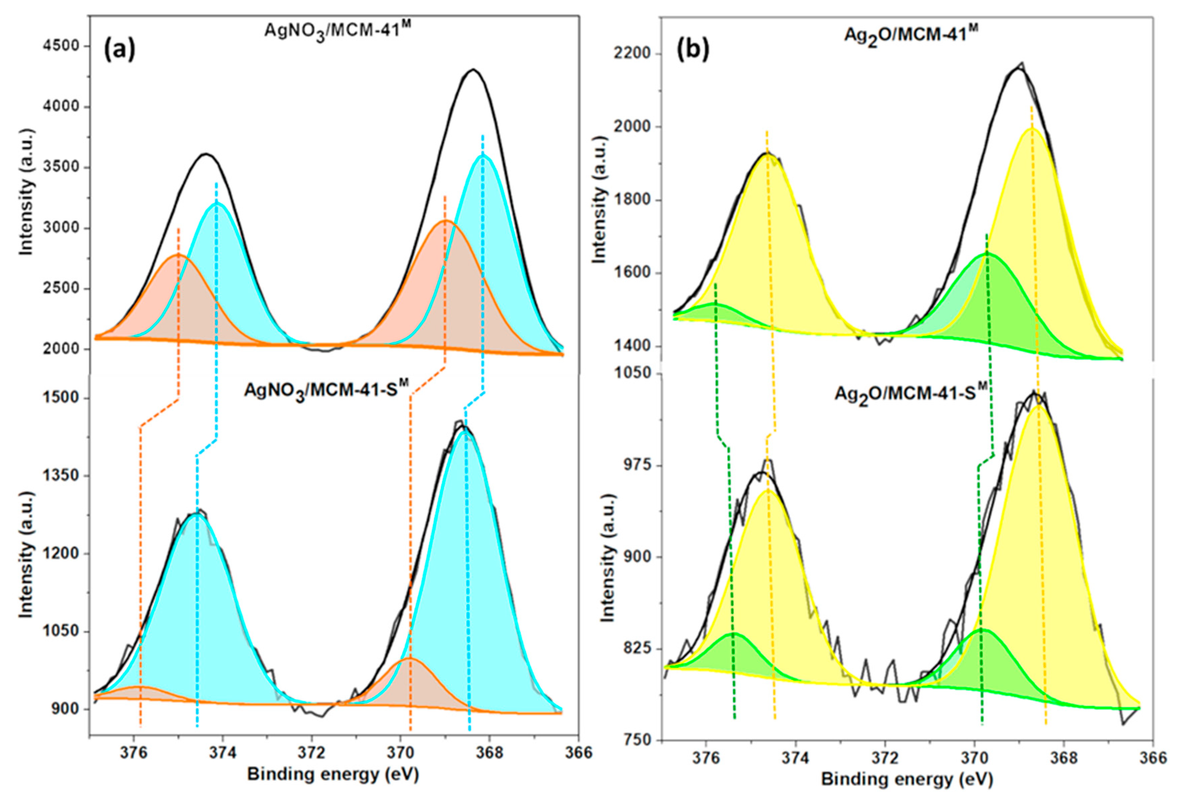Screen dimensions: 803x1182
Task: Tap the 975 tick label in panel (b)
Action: pyautogui.click(x=639, y=466)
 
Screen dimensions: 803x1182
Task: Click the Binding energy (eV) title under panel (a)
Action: pyautogui.click(x=333, y=775)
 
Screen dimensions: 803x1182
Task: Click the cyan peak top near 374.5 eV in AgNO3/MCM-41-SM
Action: pyautogui.click(x=196, y=515)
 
